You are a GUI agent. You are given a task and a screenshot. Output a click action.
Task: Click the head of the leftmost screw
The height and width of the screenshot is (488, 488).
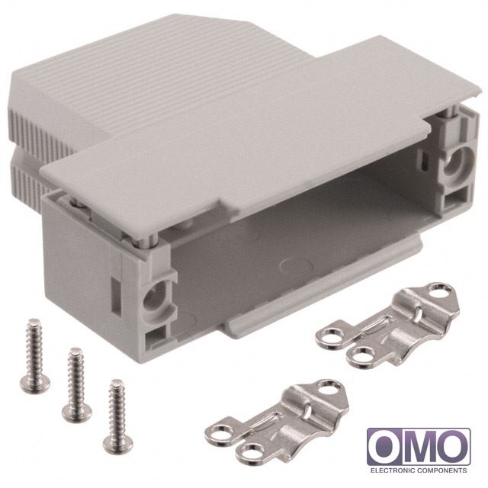[35, 383]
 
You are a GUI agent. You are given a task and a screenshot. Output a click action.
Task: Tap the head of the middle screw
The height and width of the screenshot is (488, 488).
[77, 412]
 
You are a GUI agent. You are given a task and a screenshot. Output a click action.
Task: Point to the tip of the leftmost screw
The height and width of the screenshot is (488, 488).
[33, 321]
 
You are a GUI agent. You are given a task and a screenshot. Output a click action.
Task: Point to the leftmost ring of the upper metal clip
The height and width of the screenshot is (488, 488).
[330, 339]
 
